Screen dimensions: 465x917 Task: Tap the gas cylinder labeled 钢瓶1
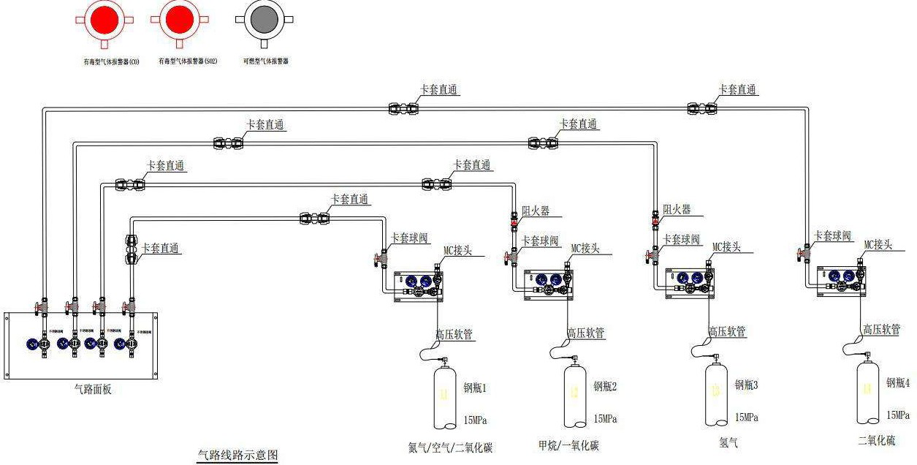(x=445, y=398)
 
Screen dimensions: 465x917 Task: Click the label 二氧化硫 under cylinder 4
(x=876, y=440)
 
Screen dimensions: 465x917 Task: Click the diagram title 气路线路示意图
(x=238, y=455)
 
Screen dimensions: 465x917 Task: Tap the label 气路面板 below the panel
(x=94, y=390)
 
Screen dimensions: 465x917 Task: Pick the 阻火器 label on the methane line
(x=535, y=211)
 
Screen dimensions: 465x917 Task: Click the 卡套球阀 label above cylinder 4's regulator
(x=832, y=235)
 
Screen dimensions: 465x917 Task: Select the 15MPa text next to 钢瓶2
(x=605, y=419)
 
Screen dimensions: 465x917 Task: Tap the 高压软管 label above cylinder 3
(x=727, y=332)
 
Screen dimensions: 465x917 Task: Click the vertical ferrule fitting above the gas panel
(x=132, y=249)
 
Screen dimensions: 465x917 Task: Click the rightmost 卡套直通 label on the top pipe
(x=737, y=90)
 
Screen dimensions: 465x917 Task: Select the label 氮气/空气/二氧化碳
(x=450, y=447)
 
